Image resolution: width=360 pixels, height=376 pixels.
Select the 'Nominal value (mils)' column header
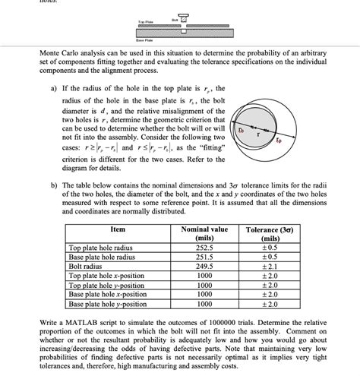coord(204,233)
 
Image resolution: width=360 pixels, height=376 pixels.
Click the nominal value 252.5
coord(204,248)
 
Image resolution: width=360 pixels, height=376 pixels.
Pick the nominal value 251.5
coord(204,257)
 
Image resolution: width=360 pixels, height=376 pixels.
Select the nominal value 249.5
coord(204,266)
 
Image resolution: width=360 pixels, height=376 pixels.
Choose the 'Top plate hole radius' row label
coord(106,248)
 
